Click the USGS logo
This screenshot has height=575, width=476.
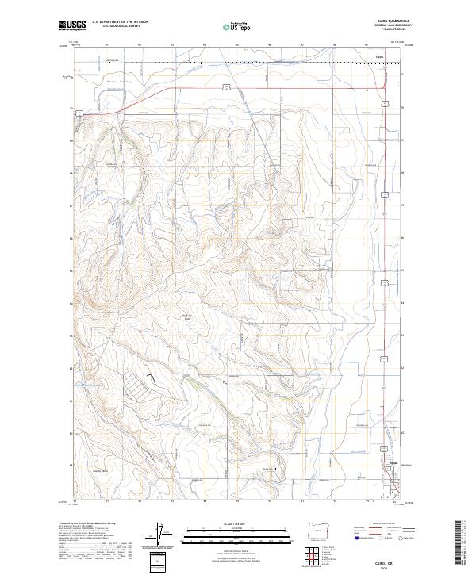coord(73,25)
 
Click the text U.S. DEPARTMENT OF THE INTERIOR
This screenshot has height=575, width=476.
coord(120,22)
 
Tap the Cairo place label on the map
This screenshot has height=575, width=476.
coord(378,56)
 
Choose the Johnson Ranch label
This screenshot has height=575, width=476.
coord(100,470)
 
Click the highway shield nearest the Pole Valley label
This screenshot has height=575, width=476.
coord(79,114)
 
